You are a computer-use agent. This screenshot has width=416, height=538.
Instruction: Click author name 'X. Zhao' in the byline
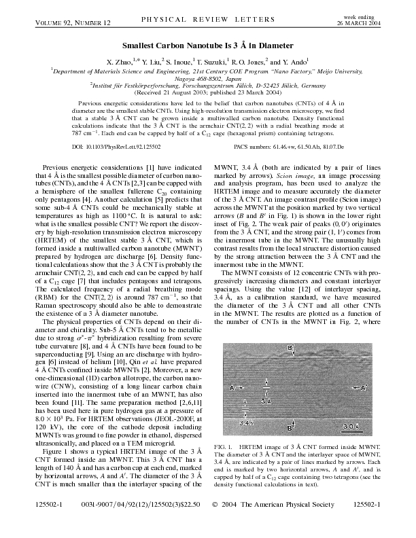click(118, 60)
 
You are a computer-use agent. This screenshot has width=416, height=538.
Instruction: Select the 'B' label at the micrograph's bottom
click(290, 428)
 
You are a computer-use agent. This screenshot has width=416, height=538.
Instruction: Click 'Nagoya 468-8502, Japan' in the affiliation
click(207, 77)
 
